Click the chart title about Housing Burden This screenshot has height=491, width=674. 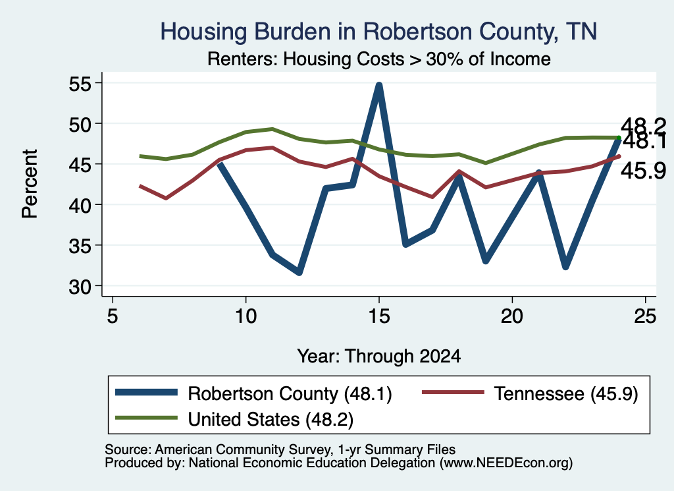(378, 32)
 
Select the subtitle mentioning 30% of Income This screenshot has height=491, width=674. (378, 59)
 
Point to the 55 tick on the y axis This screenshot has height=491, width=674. (80, 84)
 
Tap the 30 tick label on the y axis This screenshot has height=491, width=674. (80, 287)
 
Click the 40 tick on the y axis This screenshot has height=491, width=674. (80, 205)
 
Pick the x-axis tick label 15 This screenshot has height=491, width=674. (378, 317)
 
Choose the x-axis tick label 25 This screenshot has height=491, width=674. (645, 317)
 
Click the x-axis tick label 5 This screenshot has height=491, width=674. (112, 317)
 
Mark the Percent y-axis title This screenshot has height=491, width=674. (30, 184)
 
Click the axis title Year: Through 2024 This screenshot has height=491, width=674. (378, 357)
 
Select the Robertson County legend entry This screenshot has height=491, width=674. (253, 393)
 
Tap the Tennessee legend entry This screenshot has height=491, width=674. (530, 393)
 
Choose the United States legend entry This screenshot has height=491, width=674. (234, 419)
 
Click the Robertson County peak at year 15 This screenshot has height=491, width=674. (378, 85)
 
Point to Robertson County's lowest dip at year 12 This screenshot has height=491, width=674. (299, 272)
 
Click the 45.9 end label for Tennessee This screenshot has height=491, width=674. (644, 171)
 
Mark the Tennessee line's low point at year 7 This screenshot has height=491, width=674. (166, 198)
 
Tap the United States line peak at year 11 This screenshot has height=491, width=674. (272, 129)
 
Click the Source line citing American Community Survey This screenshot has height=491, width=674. (280, 449)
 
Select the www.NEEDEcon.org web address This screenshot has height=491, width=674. (506, 463)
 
